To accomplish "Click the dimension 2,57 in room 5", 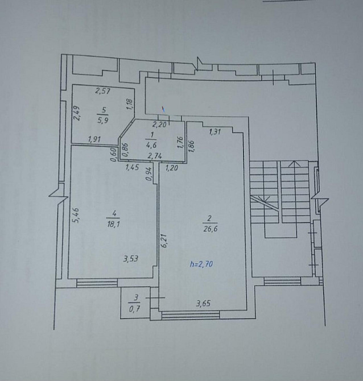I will pyautogui.click(x=102, y=90).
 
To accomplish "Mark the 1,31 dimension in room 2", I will pyautogui.click(x=215, y=132).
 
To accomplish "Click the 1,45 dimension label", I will pyautogui.click(x=133, y=167).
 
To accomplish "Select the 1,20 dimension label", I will pyautogui.click(x=172, y=167).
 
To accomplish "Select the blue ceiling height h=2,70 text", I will pyautogui.click(x=203, y=264).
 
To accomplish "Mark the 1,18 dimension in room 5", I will pyautogui.click(x=129, y=104).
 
